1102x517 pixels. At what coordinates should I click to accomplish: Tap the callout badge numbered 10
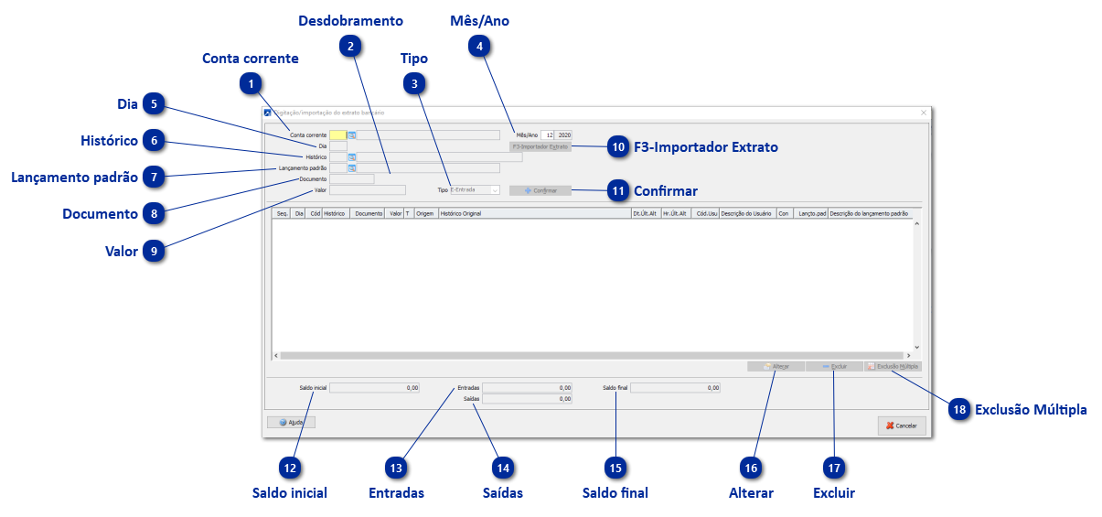pos(619,146)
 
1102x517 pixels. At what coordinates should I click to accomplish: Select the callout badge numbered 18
pos(959,410)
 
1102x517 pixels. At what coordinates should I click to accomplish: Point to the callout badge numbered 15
pos(615,468)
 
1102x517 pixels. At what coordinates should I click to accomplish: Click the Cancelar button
pos(902,425)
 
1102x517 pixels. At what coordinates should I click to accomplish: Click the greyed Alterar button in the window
pos(776,366)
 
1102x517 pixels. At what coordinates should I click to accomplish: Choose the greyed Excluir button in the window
pos(833,366)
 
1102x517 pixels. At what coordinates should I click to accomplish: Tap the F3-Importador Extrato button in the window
pos(540,146)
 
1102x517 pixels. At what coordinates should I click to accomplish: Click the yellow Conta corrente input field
pos(337,135)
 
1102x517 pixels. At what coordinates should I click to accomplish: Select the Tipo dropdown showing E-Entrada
pos(475,190)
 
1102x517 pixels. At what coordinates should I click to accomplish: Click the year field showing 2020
pos(564,135)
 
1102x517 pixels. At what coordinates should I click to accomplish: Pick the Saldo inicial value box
pos(374,388)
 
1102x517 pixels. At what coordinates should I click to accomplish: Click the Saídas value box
pos(527,399)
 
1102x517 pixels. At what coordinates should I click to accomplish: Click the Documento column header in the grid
pos(369,213)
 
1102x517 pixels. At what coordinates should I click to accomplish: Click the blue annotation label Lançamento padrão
pos(74,178)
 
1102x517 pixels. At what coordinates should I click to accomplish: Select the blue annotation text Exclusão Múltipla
pos(1031,410)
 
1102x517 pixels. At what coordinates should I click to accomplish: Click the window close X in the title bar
pos(924,113)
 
